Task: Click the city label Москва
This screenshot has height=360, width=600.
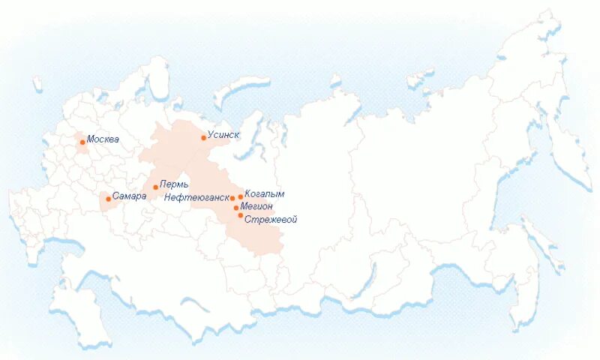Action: tap(103, 139)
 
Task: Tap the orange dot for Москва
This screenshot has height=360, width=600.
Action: tap(82, 142)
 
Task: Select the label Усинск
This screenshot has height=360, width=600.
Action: tap(223, 135)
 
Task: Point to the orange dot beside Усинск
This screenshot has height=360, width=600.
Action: tap(203, 138)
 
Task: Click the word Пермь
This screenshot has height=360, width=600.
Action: tap(175, 184)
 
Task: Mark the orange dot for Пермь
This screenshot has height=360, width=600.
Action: tap(155, 187)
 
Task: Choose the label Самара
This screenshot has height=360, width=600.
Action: tap(128, 197)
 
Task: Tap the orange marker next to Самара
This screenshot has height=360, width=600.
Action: tap(108, 199)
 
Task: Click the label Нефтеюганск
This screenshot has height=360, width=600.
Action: tap(196, 198)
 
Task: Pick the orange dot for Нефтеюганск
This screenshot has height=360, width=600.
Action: tap(232, 199)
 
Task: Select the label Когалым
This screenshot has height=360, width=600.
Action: tap(265, 194)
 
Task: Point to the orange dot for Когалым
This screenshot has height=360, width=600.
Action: tap(241, 196)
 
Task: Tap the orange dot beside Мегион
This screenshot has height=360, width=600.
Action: tap(236, 208)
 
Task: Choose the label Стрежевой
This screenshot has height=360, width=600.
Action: tap(271, 219)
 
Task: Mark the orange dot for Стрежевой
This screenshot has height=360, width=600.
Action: tap(241, 215)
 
